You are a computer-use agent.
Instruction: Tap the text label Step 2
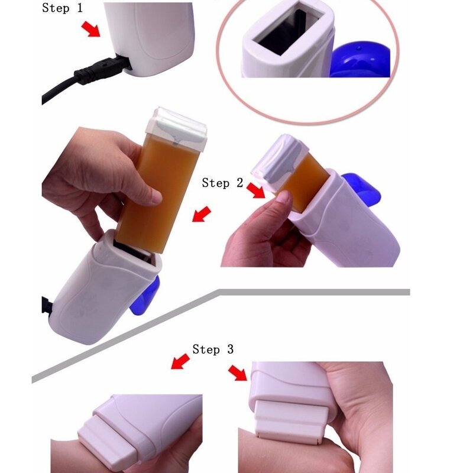pyautogui.click(x=222, y=183)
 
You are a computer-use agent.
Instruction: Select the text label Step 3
pyautogui.click(x=213, y=349)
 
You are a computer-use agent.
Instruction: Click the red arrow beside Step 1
pyautogui.click(x=92, y=30)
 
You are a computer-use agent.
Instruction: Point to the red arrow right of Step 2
pyautogui.click(x=256, y=191)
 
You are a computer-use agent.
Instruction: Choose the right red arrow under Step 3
pyautogui.click(x=239, y=373)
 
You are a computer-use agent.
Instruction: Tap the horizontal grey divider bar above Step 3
pyautogui.click(x=313, y=291)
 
